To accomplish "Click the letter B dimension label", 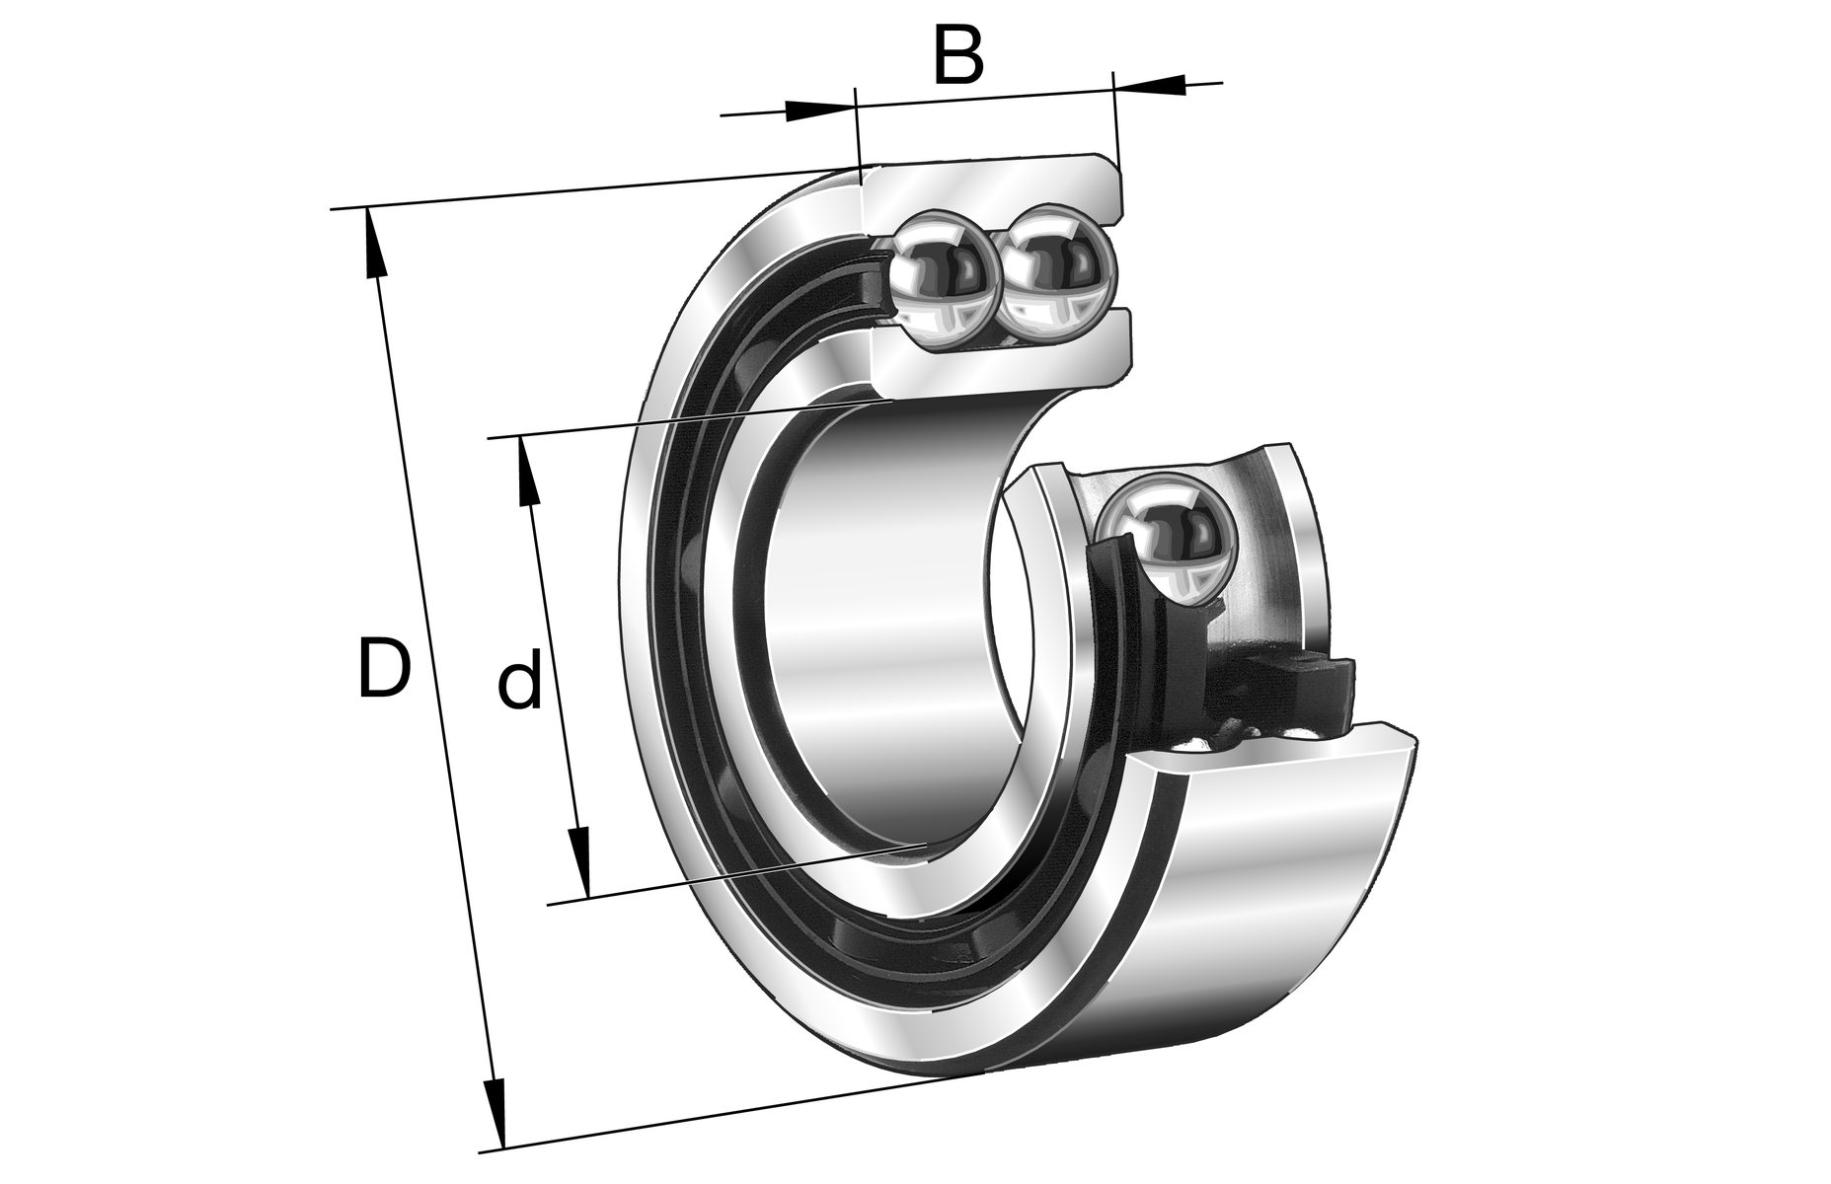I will (958, 57).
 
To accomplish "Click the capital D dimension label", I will (383, 669).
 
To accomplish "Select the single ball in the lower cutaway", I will (1166, 538).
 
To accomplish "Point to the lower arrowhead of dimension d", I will (580, 862).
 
